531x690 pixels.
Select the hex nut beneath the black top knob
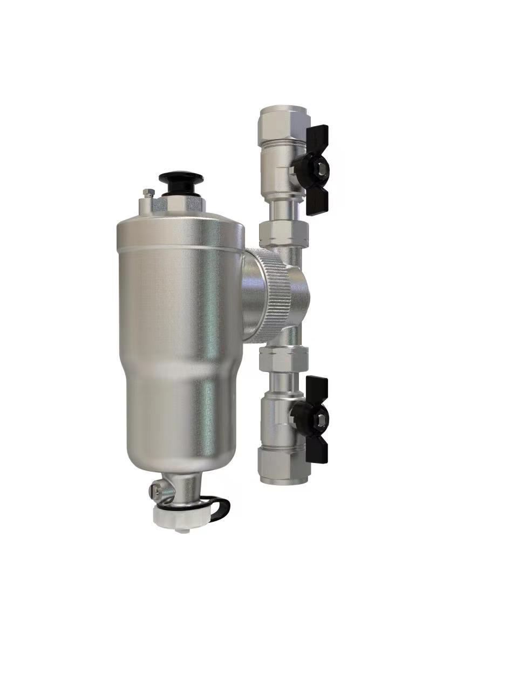coord(181,204)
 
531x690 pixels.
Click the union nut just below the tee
coord(283,358)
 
